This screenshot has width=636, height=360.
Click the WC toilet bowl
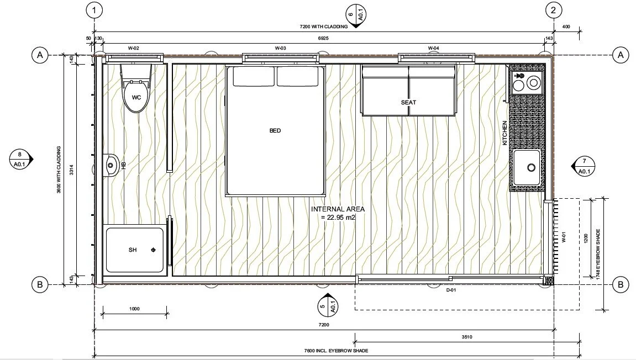[x=136, y=97]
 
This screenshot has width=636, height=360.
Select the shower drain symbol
[x=153, y=251]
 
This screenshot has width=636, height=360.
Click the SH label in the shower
[x=133, y=250]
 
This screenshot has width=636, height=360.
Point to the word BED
[x=275, y=131]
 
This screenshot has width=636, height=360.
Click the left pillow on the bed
[x=254, y=77]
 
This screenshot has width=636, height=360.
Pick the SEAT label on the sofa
[x=408, y=102]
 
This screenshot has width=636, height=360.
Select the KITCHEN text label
[x=504, y=133]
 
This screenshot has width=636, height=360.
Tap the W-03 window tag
[x=280, y=49]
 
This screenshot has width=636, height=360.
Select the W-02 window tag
[x=133, y=49]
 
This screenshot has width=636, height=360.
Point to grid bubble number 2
[x=554, y=9]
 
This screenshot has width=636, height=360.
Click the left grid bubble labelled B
[x=39, y=285]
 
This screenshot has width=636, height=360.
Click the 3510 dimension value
[x=467, y=337]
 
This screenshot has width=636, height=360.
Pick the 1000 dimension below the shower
[x=134, y=309]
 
